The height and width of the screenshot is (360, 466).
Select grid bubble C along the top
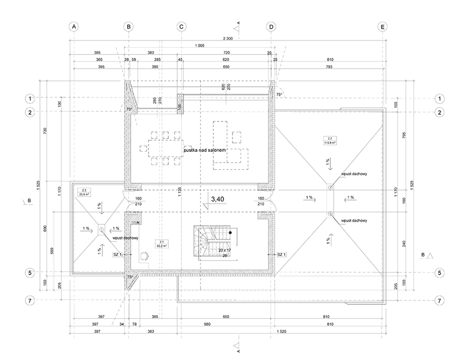[181, 26]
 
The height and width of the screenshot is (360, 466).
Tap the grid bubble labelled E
[383, 26]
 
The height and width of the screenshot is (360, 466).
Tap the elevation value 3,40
[217, 199]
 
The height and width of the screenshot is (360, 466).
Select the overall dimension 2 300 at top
[227, 38]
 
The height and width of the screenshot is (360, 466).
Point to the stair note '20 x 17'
[225, 249]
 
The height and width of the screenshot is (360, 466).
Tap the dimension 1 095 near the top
[199, 45]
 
